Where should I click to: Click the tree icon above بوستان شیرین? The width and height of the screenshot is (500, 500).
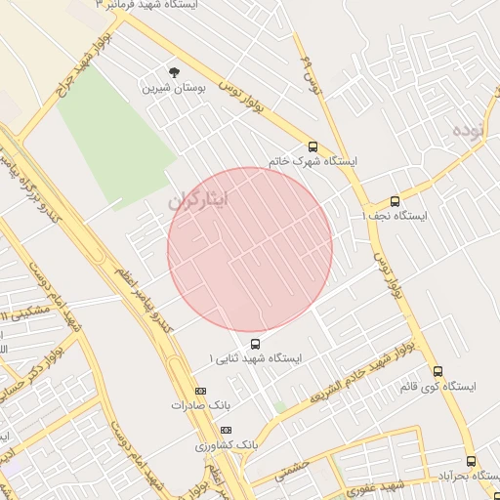[x=174, y=72]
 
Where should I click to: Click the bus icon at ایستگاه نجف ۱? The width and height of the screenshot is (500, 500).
[x=395, y=201]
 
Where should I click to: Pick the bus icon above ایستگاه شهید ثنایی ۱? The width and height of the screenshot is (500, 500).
[x=255, y=344]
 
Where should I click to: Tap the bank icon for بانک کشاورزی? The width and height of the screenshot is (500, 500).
[x=227, y=430]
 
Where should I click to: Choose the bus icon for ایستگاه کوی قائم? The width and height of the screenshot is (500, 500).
[x=437, y=372]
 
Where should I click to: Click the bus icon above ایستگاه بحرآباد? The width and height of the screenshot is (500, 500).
[x=471, y=461]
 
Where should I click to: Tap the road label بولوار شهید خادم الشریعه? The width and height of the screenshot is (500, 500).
[x=355, y=380]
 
